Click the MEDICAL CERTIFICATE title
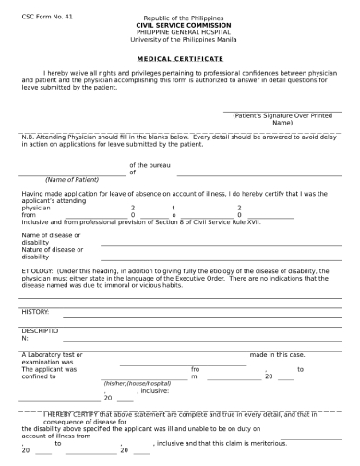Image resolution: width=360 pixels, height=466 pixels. coord(180,59)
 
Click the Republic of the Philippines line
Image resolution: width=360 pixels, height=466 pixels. coord(180,18)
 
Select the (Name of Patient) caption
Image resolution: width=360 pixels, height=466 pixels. coord(71,179)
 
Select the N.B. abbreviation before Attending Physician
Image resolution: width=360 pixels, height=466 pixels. coord(27,137)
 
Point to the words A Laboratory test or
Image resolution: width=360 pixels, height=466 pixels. coord(52,355)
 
